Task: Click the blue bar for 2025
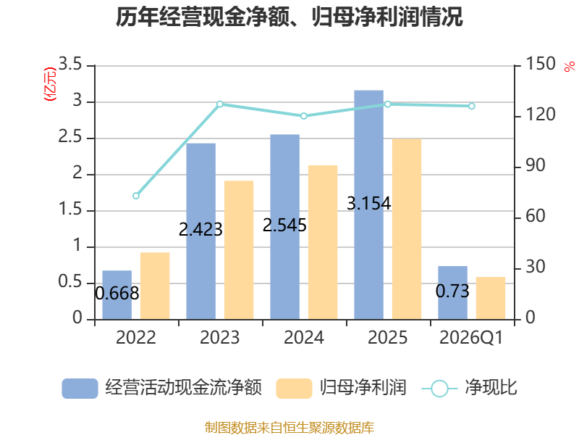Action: click(x=368, y=205)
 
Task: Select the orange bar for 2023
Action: click(x=239, y=250)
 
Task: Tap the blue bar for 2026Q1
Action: click(x=453, y=293)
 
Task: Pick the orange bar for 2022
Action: click(x=155, y=286)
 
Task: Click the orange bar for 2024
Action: click(x=323, y=242)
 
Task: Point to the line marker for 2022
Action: click(x=136, y=196)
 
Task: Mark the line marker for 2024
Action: click(x=304, y=116)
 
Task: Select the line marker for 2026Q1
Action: click(x=472, y=106)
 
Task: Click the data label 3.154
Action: click(x=368, y=204)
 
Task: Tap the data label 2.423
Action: click(x=200, y=229)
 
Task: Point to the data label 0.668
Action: click(x=117, y=294)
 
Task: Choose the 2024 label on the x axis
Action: click(x=304, y=338)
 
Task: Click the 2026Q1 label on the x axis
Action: click(x=472, y=338)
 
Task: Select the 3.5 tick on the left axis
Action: click(x=69, y=64)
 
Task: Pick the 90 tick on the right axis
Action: click(x=536, y=165)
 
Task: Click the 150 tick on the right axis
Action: click(x=541, y=64)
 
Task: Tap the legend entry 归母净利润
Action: click(x=342, y=388)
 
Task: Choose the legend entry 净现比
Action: click(x=469, y=388)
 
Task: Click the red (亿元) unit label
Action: click(x=50, y=84)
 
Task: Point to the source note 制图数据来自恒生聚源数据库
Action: click(x=289, y=428)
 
